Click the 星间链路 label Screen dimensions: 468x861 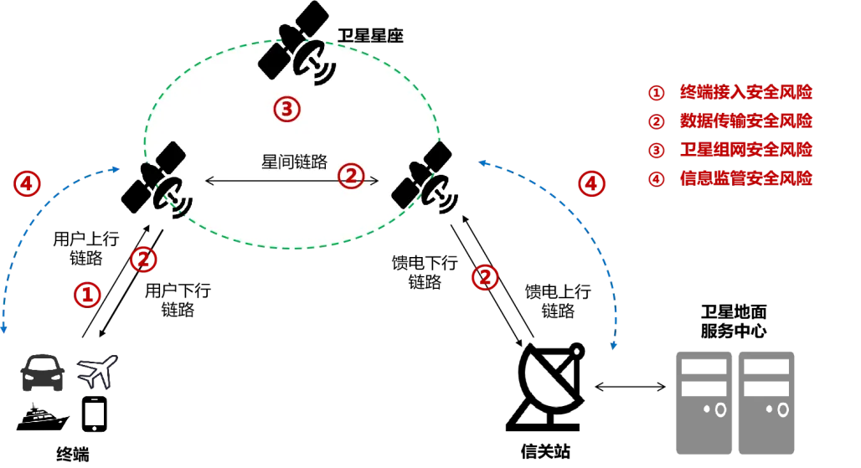[294, 162]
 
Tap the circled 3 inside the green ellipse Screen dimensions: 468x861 [286, 109]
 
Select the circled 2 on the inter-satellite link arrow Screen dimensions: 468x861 [351, 175]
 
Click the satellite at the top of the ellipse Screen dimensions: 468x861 [297, 59]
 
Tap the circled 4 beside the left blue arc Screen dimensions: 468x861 [28, 184]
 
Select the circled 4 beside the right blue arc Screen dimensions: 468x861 [592, 183]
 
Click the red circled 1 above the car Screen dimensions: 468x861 [88, 294]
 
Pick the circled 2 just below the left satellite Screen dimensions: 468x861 [144, 260]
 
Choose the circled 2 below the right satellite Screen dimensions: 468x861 [484, 277]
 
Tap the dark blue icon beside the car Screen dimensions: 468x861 [97, 372]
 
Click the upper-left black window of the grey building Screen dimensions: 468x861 [704, 365]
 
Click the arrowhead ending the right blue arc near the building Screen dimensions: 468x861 [614, 346]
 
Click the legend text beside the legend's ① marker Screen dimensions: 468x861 [745, 93]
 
